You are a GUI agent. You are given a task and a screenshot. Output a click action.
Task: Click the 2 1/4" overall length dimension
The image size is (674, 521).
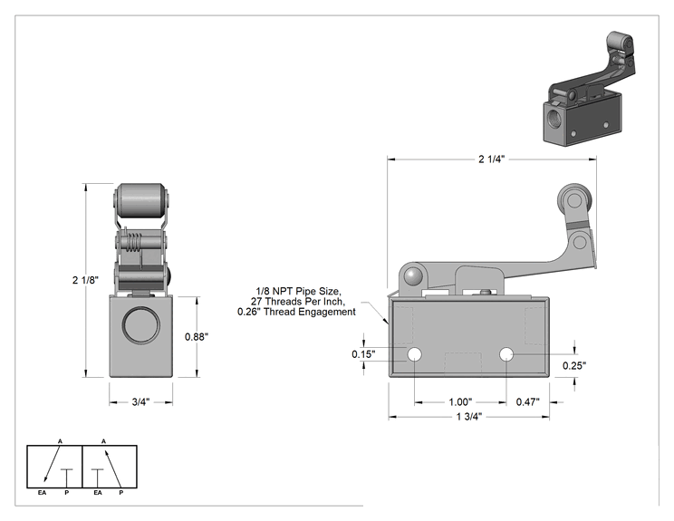point(491,159)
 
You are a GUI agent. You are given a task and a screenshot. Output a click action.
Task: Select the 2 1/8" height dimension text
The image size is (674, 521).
point(85,280)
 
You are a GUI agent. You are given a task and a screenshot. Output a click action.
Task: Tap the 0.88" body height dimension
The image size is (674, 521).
point(197,336)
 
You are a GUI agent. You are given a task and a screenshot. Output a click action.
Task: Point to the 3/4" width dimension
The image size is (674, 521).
point(140,402)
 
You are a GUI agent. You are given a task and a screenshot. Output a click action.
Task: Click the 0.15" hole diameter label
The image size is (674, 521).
point(363,354)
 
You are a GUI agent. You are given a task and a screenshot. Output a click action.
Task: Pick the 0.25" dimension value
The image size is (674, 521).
point(574,365)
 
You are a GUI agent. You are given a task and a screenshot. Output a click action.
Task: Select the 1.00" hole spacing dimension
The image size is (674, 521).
point(460,402)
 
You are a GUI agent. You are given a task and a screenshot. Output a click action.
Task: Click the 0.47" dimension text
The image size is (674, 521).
point(528,402)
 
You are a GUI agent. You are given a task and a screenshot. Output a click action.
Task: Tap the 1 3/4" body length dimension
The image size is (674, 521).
point(469,417)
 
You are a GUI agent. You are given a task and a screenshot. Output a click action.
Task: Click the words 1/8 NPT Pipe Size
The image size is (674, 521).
point(299,291)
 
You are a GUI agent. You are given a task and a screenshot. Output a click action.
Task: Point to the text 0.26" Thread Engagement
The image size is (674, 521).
point(296,312)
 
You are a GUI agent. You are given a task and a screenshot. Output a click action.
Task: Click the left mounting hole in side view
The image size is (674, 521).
point(414,354)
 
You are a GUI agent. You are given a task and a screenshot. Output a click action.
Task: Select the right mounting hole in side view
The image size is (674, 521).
point(506,354)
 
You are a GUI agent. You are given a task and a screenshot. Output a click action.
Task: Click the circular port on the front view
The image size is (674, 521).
point(141,324)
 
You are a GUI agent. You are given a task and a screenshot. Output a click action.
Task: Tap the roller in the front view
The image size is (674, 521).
point(141,200)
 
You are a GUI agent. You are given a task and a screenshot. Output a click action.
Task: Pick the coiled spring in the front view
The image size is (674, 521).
point(135,244)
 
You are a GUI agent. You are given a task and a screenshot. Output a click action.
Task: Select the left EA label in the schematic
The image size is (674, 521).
point(42,493)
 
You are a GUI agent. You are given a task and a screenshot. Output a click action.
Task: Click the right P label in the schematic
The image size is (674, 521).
point(120,493)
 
